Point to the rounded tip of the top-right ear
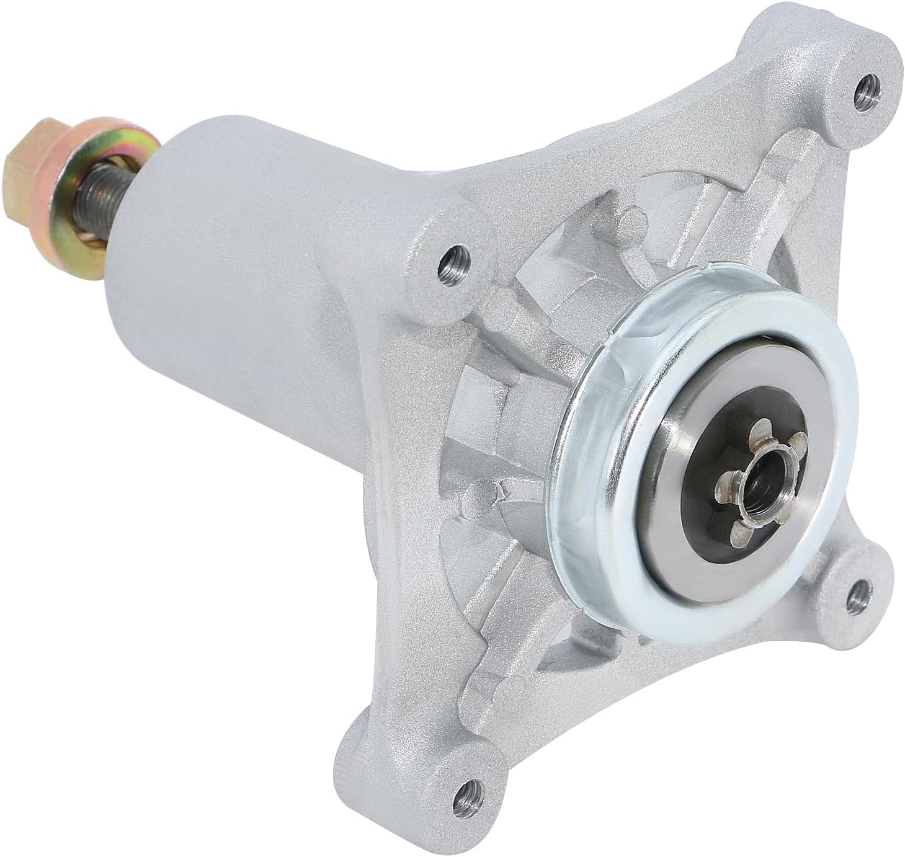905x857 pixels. (x=881, y=50)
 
